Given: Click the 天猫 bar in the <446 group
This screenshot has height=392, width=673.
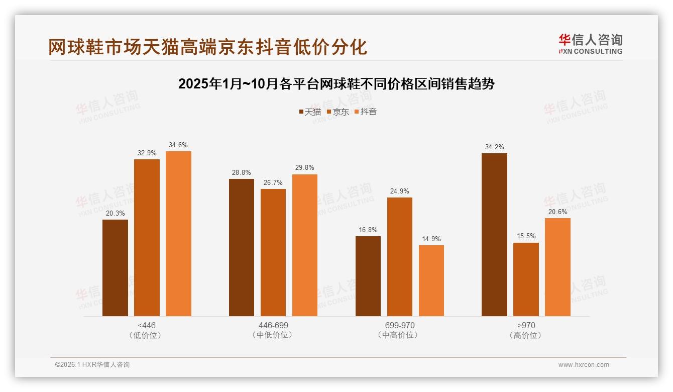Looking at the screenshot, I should [115, 268].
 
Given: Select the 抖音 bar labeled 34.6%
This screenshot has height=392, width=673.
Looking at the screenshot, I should [178, 234].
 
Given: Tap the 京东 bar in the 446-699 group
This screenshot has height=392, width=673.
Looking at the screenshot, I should [273, 252].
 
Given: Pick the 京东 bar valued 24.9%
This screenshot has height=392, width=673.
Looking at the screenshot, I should [399, 257].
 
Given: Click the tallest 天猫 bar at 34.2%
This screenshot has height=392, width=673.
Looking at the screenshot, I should [494, 235].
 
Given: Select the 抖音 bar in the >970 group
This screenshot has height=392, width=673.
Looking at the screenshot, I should [557, 267].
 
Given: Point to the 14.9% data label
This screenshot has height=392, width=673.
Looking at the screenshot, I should [431, 239].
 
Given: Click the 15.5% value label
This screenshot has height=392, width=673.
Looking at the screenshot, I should [526, 236].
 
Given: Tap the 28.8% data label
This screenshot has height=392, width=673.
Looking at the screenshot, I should [241, 172].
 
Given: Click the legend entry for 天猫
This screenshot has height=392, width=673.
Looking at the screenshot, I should [309, 112].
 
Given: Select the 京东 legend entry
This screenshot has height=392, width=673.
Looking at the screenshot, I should [338, 112].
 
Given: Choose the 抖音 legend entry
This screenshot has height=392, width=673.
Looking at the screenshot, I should [365, 112].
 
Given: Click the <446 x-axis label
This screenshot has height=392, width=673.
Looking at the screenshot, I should [146, 325].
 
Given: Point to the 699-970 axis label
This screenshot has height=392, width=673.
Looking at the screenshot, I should [399, 325].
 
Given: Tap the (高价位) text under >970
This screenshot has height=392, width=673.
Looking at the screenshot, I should [525, 335].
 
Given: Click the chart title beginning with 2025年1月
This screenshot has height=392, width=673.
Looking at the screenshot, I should [336, 84].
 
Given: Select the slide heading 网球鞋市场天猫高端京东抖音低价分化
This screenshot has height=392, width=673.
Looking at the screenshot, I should [207, 47].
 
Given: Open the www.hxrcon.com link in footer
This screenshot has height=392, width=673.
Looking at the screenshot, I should [583, 365].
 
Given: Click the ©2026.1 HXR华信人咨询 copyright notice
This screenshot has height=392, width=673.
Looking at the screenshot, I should [92, 365].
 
